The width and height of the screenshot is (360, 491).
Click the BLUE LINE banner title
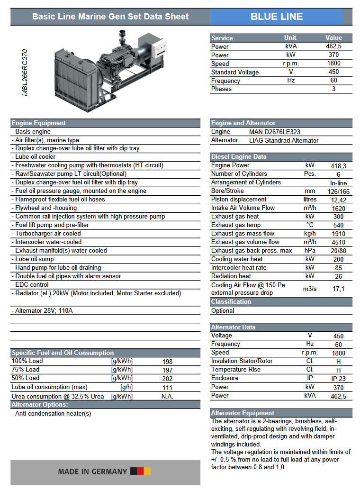pos(277,17)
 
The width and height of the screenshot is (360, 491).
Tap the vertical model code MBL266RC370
pos(25,73)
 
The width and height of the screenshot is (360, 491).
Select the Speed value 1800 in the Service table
pos(333,64)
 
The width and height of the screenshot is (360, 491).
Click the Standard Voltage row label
pos(235,72)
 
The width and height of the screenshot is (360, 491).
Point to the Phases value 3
pos(333,89)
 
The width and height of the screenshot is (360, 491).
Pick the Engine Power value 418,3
pos(338,166)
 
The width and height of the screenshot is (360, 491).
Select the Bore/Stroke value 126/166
pos(338,191)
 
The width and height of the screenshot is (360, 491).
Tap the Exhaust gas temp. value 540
pos(338,226)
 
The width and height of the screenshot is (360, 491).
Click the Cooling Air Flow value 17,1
pos(338,289)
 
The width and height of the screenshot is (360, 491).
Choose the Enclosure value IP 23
pos(338,379)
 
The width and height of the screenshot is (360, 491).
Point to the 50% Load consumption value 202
pos(167,379)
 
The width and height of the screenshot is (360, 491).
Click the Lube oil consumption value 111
pos(167,387)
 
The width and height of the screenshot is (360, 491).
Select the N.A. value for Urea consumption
pos(167,396)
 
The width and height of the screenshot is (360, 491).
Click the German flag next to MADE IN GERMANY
pos(140,471)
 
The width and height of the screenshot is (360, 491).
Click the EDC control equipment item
pos(32,285)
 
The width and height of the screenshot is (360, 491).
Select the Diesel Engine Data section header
pos(239,157)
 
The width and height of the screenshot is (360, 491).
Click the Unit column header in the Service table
pos(290,38)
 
